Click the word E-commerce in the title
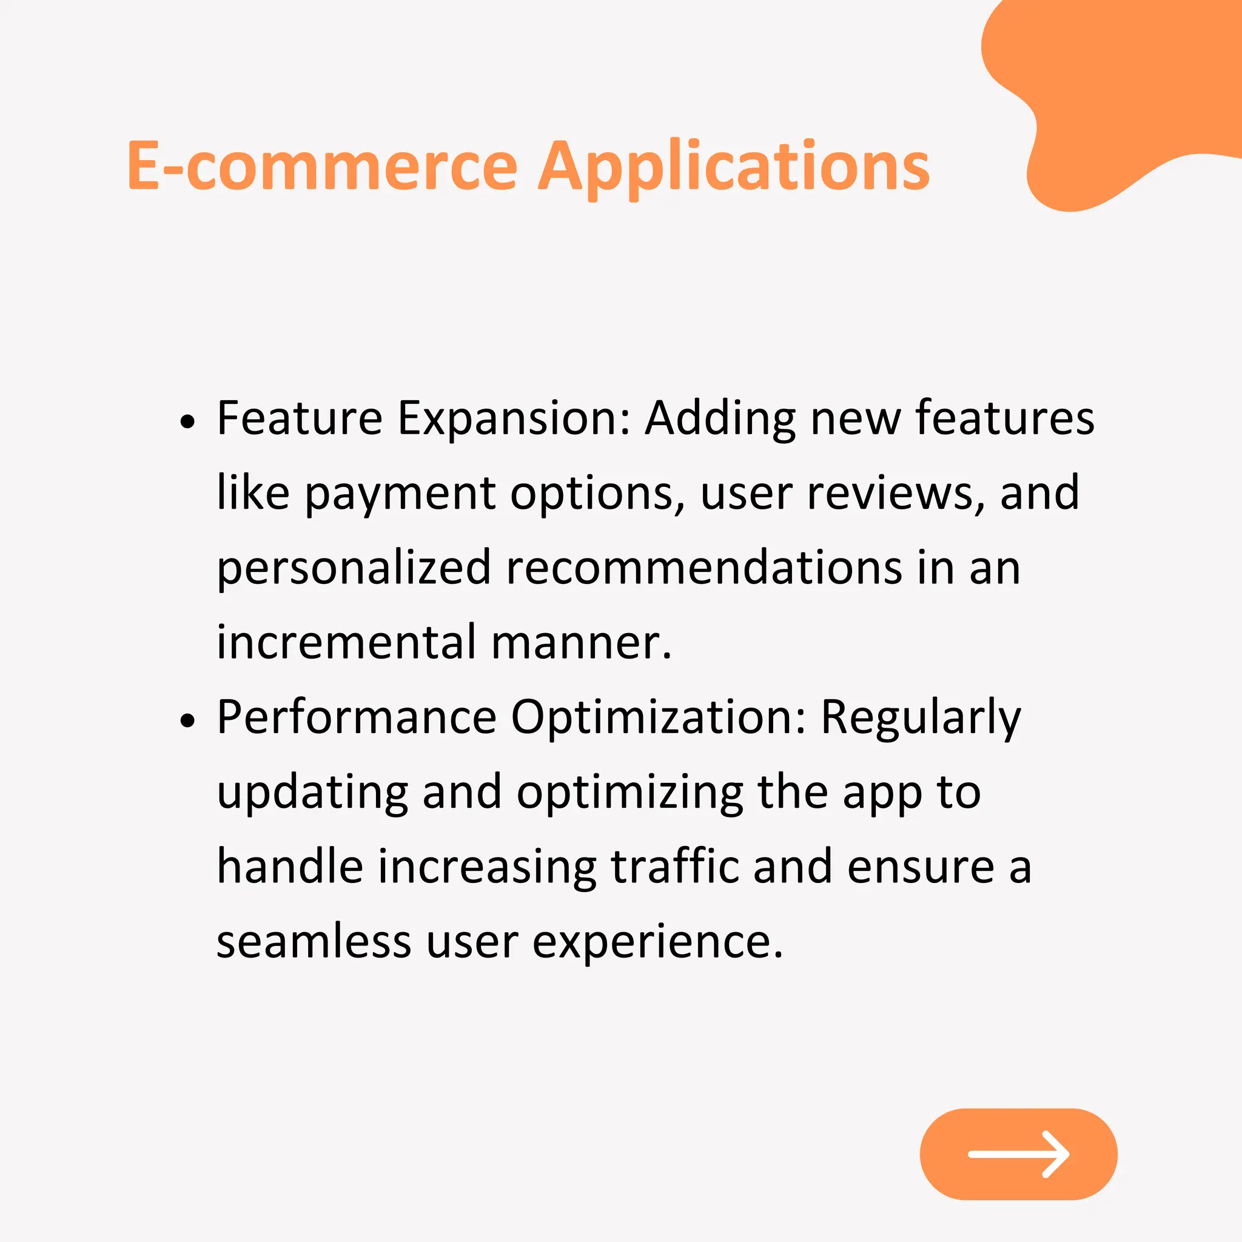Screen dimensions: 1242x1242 coord(322,167)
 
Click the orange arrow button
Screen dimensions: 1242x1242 coord(1018,1154)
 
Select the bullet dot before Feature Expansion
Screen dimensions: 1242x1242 coord(187,421)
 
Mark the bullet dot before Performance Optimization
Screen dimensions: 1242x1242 coord(187,720)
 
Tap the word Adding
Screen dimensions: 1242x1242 coord(720,419)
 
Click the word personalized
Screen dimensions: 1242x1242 coord(354,569)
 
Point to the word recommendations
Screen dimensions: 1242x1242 coord(704,568)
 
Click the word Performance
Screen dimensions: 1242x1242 coord(357,717)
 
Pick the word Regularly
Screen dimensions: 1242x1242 coord(921,718)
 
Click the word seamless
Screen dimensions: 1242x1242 coord(314,942)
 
